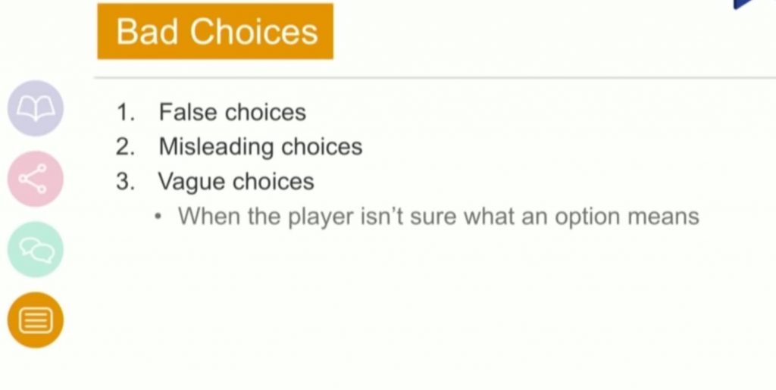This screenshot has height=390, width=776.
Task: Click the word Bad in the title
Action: (147, 31)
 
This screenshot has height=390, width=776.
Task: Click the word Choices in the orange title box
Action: (254, 31)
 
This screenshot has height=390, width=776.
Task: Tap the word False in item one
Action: (188, 112)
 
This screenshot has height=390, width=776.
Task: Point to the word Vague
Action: (192, 182)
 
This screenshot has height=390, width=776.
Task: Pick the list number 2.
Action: (125, 147)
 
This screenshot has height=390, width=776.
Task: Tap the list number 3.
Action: (125, 182)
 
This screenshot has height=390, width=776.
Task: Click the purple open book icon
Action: (36, 108)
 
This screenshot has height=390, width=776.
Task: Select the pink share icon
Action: (36, 179)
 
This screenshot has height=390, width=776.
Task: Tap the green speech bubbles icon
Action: (36, 249)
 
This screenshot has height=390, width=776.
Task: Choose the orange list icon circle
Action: (36, 320)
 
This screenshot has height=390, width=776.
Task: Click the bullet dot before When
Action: (158, 217)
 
